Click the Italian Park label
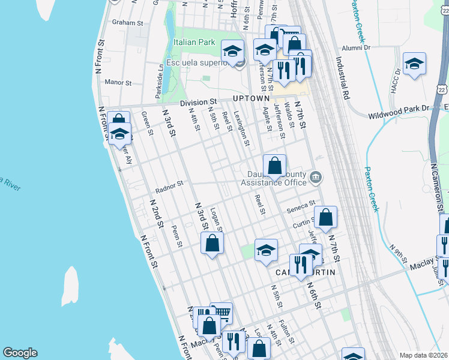point(194,43)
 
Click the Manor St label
point(118,82)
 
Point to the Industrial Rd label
point(343,78)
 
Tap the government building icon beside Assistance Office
point(316,178)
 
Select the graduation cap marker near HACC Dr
point(414,64)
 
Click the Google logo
point(20,353)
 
